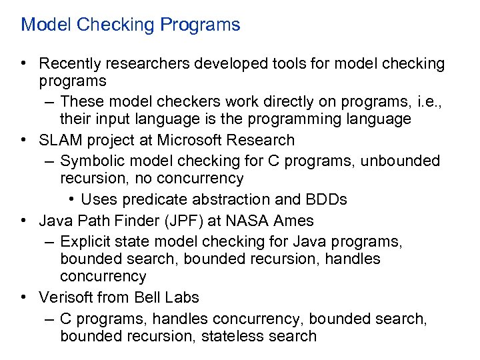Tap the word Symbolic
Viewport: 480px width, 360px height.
[x=90, y=161]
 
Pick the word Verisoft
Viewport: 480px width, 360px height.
[x=66, y=297]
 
